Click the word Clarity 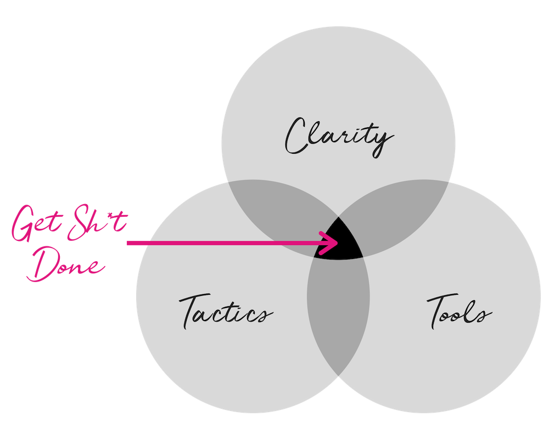click(x=339, y=137)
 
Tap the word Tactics click(x=226, y=312)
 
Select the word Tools click(x=460, y=312)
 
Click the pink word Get click(x=37, y=223)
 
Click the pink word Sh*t click(x=97, y=223)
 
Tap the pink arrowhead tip click(x=338, y=243)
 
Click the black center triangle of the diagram click(x=338, y=242)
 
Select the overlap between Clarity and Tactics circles click(x=277, y=210)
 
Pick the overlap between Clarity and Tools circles click(x=399, y=210)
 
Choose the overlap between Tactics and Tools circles click(x=338, y=315)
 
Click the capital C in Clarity click(x=298, y=136)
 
